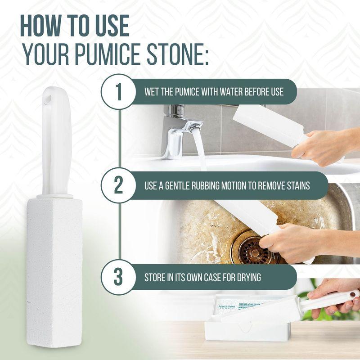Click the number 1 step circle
point(119,91)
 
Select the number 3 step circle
point(119,277)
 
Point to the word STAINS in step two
point(295,185)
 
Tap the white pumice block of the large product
point(53,261)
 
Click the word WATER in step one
point(231,92)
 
